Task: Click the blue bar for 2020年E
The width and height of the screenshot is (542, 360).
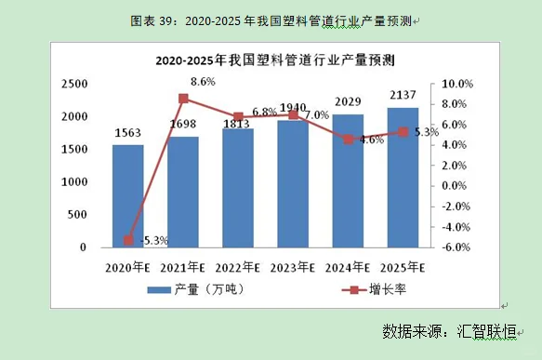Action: tap(128, 196)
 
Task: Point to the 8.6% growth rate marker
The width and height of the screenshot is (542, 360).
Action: tap(183, 99)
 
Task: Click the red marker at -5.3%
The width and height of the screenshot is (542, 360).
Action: tap(128, 240)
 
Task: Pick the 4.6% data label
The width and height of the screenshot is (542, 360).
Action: tap(371, 140)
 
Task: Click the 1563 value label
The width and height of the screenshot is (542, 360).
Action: tap(128, 133)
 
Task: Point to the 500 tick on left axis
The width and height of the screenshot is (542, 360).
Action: tap(77, 215)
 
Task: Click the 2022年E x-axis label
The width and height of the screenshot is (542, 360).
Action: tap(238, 268)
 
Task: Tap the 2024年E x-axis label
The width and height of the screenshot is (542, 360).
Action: tap(348, 268)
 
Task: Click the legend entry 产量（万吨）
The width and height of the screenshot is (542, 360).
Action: tap(197, 290)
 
